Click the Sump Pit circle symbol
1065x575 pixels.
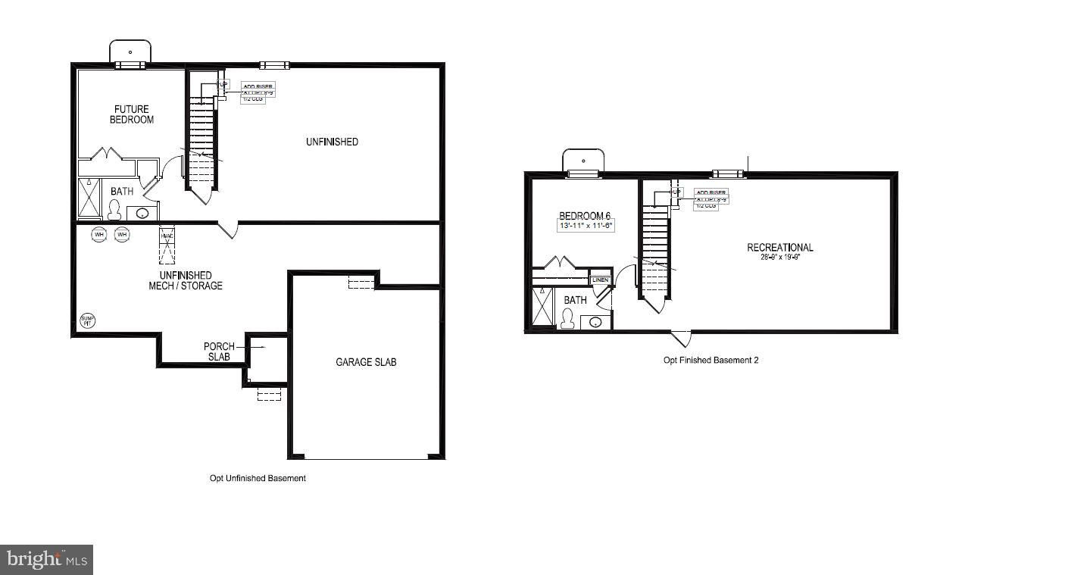[x=89, y=320]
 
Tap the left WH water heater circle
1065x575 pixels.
[x=99, y=235]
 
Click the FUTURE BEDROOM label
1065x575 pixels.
[x=132, y=114]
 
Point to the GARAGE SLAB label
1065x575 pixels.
[x=366, y=362]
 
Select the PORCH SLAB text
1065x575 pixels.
[x=219, y=352]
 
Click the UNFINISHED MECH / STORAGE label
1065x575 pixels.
[x=186, y=280]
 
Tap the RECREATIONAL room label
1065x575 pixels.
[x=779, y=248]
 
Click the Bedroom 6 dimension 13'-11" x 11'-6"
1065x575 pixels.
[x=586, y=226]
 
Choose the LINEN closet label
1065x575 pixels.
[x=600, y=280]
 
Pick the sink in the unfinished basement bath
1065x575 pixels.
[x=142, y=214]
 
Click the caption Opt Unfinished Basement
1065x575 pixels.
[x=258, y=479]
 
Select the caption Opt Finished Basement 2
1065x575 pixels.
[x=711, y=361]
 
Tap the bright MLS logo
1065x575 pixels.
[x=47, y=560]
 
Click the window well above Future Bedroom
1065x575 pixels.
[x=130, y=52]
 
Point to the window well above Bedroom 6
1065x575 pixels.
[x=583, y=161]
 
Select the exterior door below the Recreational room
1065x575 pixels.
[x=680, y=338]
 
